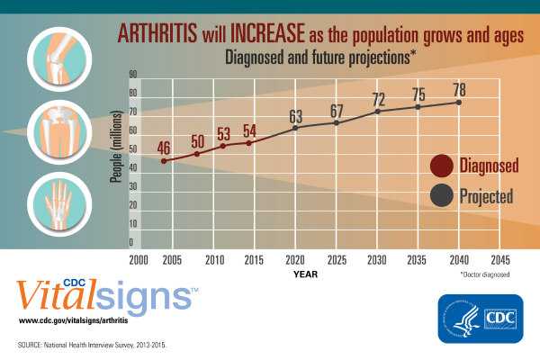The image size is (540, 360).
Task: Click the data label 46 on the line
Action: [x=164, y=148]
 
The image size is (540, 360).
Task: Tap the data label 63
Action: [x=295, y=115]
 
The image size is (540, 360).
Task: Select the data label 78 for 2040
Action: [x=459, y=90]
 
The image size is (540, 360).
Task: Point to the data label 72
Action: [x=379, y=98]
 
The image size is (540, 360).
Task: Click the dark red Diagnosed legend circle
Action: [x=441, y=166]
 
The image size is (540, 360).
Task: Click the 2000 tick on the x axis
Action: [x=138, y=260]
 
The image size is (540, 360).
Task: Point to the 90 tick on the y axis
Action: [x=132, y=74]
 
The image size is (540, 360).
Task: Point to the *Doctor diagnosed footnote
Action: [x=484, y=274]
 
